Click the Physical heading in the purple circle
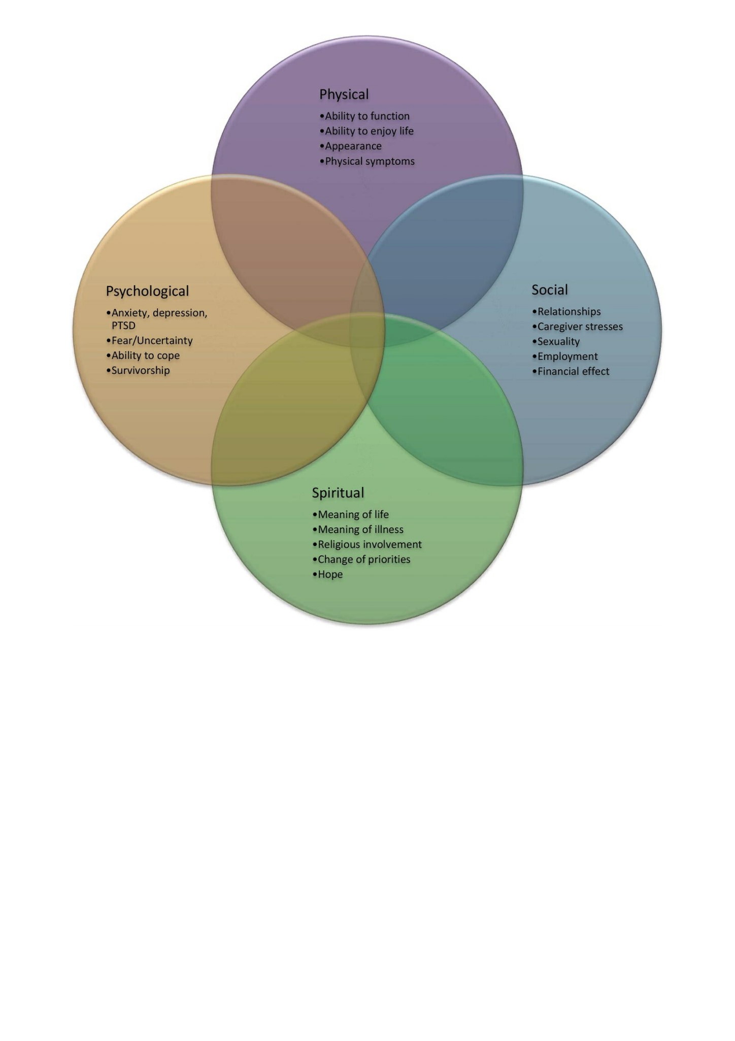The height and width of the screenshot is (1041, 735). point(344,94)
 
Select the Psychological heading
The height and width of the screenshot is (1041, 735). point(147,291)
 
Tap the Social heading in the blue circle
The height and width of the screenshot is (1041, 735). point(550,289)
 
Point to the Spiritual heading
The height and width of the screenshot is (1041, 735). point(338,493)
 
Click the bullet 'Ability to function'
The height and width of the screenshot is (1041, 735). point(364,116)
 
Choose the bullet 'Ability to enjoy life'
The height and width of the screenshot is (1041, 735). point(366,131)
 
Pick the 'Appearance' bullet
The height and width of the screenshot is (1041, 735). point(350,146)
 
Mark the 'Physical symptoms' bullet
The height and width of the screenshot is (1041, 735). point(367,161)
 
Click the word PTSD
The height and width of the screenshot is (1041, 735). point(123,326)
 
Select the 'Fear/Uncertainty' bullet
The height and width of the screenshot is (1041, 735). point(149,340)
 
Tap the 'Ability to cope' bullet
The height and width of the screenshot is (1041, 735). point(143,355)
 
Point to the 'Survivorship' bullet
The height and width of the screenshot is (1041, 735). point(138,370)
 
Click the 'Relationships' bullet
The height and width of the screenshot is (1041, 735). point(566,312)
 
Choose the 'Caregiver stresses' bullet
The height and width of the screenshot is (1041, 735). point(577,327)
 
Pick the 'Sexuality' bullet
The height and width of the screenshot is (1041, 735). point(556,342)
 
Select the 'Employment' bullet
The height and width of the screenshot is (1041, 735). point(564,356)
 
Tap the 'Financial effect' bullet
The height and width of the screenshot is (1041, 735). point(571,371)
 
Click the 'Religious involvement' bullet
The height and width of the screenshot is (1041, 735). point(367,544)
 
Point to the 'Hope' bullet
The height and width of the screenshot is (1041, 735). point(327,574)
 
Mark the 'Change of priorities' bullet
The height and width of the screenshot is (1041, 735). point(361,560)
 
